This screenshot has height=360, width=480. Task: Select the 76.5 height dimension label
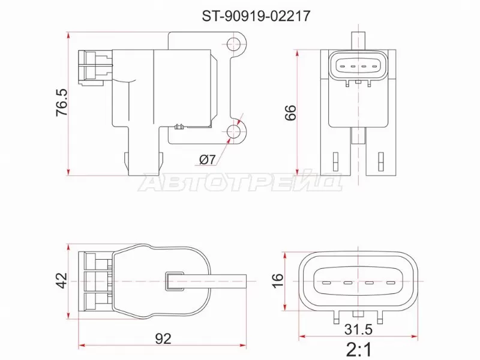click(x=62, y=102)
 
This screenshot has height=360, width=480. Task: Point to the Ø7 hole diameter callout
click(x=206, y=159)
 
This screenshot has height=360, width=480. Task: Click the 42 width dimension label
click(x=62, y=279)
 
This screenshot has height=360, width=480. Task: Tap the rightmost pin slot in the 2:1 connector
click(x=391, y=283)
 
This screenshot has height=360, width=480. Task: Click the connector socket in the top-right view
click(x=358, y=66)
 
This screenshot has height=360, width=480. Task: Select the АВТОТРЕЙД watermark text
click(x=240, y=182)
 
